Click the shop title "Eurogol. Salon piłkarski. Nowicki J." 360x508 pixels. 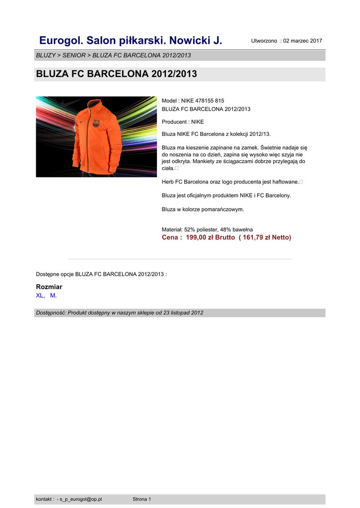(x=131, y=40)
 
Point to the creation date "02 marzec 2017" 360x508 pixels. (x=302, y=41)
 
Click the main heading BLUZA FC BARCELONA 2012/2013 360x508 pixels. (x=116, y=74)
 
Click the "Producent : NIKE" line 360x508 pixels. (x=183, y=122)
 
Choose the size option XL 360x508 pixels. (x=40, y=295)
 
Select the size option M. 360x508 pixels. (x=53, y=295)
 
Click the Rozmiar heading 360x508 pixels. (x=49, y=287)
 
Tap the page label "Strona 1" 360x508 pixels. (x=142, y=499)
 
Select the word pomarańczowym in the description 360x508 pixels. (x=222, y=209)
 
